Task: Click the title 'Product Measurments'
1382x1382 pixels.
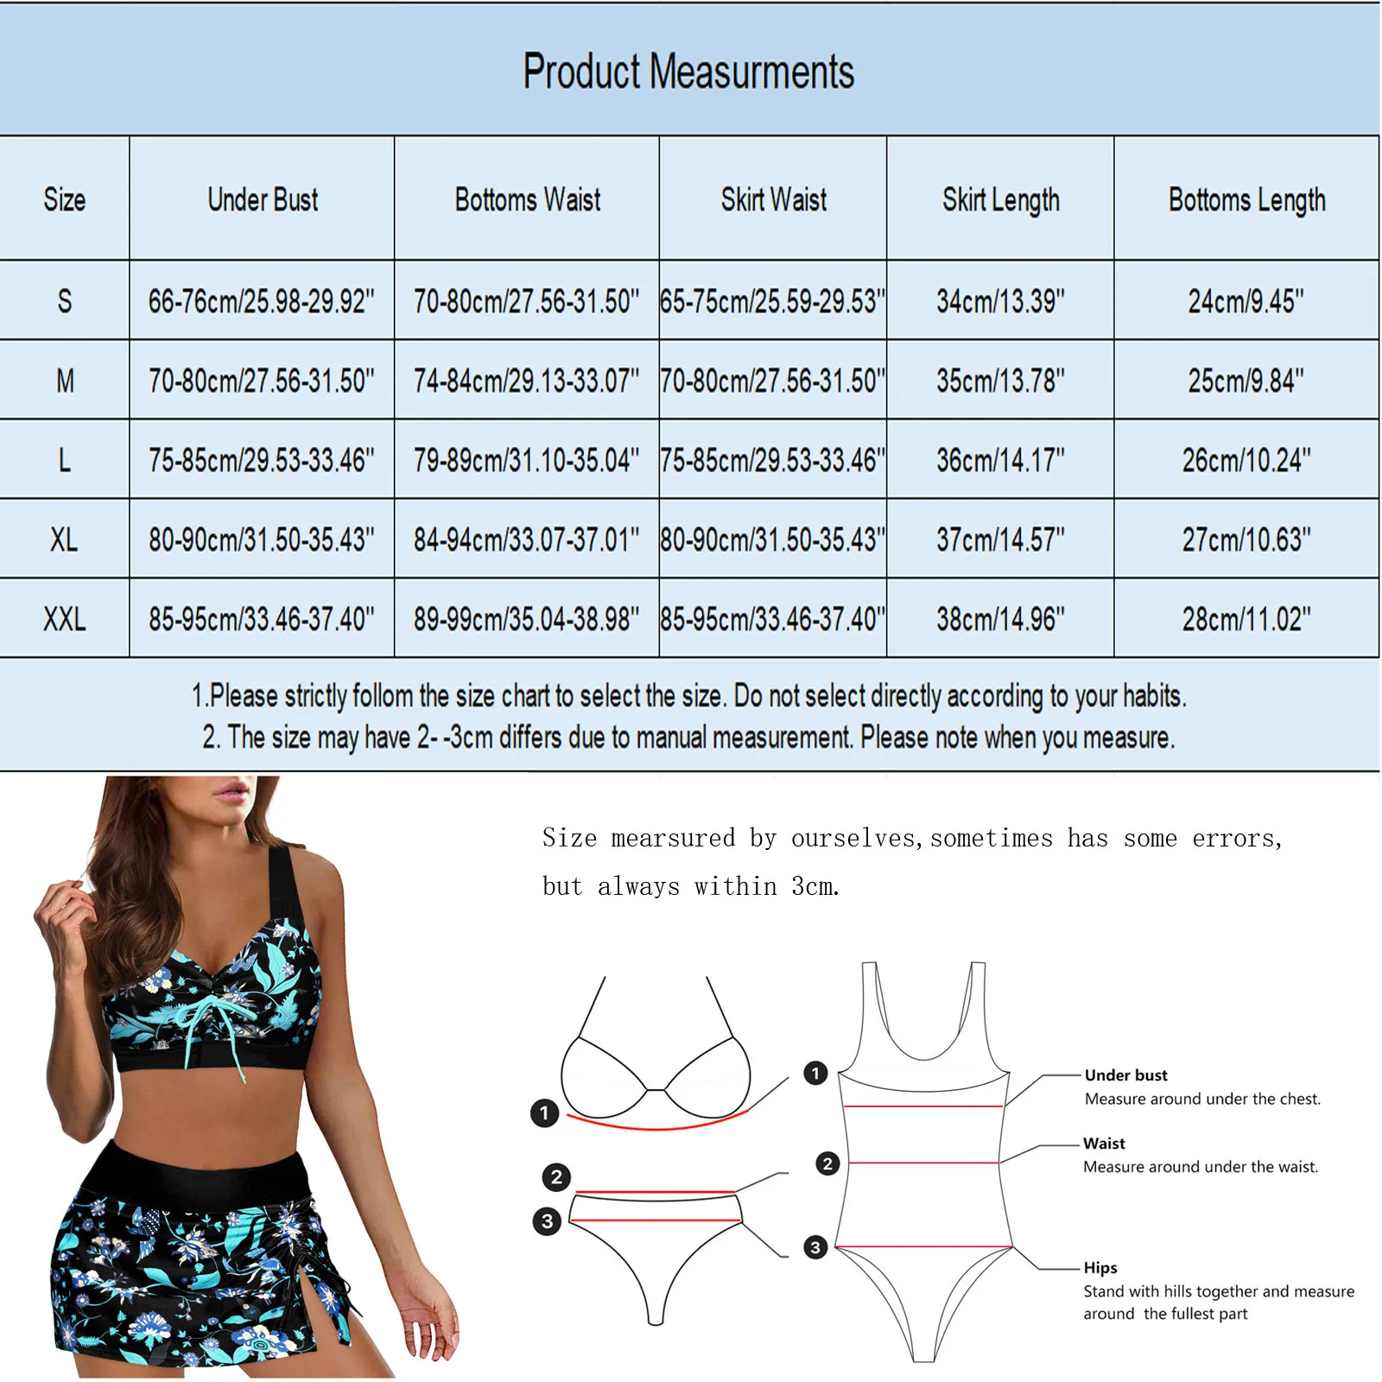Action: pyautogui.click(x=688, y=71)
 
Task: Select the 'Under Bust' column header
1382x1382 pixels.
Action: pyautogui.click(x=263, y=200)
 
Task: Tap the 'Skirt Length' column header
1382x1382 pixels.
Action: pyautogui.click(x=1000, y=200)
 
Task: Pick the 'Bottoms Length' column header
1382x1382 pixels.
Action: pyautogui.click(x=1246, y=200)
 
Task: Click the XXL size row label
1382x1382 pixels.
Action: pyautogui.click(x=64, y=619)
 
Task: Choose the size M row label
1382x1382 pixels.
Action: pyautogui.click(x=65, y=381)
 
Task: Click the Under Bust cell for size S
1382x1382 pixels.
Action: pyautogui.click(x=261, y=301)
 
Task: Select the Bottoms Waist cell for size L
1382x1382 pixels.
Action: pyautogui.click(x=526, y=460)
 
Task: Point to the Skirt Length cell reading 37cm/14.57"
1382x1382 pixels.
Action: pyautogui.click(x=1000, y=540)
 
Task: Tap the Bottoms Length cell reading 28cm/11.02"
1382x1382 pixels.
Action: pyautogui.click(x=1246, y=619)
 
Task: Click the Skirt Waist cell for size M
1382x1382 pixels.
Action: pyautogui.click(x=772, y=381)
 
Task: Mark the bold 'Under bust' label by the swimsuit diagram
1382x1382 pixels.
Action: pyautogui.click(x=1125, y=1075)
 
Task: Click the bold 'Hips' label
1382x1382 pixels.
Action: pyautogui.click(x=1100, y=1268)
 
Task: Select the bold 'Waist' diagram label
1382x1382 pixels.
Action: pyautogui.click(x=1104, y=1144)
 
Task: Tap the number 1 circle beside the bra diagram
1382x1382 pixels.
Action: pyautogui.click(x=544, y=1113)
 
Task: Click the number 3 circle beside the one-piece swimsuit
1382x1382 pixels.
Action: pyautogui.click(x=815, y=1247)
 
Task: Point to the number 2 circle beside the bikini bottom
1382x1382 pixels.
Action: pyautogui.click(x=556, y=1177)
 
